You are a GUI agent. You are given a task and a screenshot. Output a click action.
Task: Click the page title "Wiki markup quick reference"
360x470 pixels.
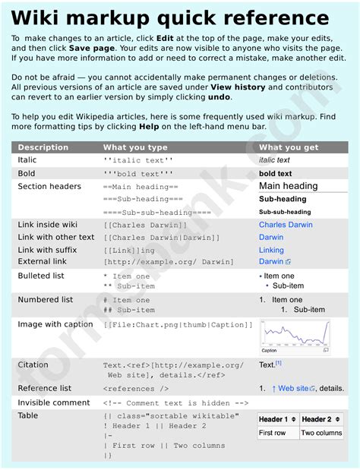click(x=170, y=18)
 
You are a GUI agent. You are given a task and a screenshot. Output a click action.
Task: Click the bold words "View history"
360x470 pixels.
click(x=235, y=87)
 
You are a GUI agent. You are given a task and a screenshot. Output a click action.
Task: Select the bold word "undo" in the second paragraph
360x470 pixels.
click(x=219, y=97)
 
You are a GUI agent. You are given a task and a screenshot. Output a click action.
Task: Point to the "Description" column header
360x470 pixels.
click(x=43, y=147)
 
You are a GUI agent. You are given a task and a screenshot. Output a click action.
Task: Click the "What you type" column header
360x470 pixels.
click(x=135, y=147)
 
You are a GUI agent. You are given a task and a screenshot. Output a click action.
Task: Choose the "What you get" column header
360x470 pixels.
click(x=289, y=147)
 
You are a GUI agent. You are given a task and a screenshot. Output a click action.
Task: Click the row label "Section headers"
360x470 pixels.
click(x=49, y=187)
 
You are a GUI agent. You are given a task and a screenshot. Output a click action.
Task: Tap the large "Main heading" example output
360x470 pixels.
click(x=289, y=186)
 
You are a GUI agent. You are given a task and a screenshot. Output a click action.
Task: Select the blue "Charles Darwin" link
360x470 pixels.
click(x=286, y=225)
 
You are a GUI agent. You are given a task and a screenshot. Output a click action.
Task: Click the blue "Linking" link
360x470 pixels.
click(x=271, y=250)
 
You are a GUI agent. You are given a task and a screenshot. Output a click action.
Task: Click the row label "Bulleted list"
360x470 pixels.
click(x=41, y=276)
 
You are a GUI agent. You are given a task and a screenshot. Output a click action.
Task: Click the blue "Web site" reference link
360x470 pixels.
click(x=293, y=389)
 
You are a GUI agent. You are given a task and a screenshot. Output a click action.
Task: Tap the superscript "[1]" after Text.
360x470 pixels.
click(x=279, y=364)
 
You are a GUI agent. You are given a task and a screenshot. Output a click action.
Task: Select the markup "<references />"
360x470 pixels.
click(x=136, y=389)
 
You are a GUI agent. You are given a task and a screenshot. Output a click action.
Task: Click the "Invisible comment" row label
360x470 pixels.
click(x=54, y=402)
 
